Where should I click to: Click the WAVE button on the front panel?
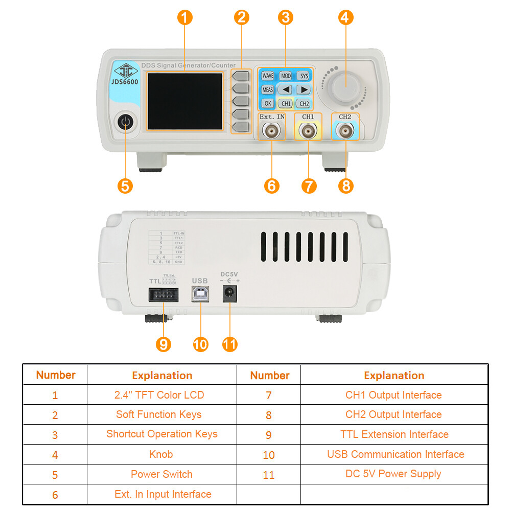point(268,76)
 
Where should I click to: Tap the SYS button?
point(304,76)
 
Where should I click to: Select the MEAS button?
point(268,89)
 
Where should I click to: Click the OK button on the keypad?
point(268,103)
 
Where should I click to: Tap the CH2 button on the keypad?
point(304,103)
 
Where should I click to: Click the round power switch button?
point(125,123)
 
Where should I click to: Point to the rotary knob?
point(344,87)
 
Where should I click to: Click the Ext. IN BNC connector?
point(271,132)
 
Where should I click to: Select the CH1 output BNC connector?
point(308,132)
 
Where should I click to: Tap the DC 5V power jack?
point(229,294)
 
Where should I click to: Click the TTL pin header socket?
point(163,295)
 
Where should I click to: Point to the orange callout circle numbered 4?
point(346,17)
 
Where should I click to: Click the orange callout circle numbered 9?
point(163,344)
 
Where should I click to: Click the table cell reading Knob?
point(162,454)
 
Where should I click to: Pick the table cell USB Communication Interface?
point(395,454)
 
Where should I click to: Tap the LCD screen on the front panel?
point(185,101)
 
